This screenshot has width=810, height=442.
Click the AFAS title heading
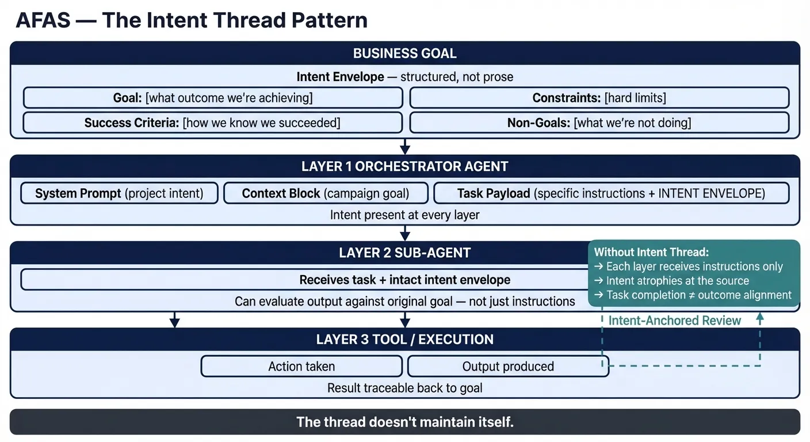(x=191, y=20)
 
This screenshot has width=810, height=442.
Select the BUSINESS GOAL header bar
(x=404, y=54)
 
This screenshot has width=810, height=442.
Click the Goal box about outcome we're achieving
(x=213, y=98)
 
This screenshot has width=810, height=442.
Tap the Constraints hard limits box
(x=599, y=98)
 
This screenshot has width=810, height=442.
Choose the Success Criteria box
(x=213, y=123)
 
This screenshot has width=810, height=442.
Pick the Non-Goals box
(x=599, y=123)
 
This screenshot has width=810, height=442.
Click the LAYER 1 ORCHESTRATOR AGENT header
(x=404, y=167)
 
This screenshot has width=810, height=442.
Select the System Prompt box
(x=120, y=193)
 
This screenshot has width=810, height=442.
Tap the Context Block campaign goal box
(x=326, y=193)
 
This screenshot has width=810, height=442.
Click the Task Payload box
(x=611, y=193)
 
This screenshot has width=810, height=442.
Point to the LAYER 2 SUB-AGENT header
(x=404, y=253)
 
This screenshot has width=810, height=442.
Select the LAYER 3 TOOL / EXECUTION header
(x=404, y=340)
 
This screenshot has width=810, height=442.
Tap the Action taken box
(x=301, y=367)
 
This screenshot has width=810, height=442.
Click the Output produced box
(x=508, y=367)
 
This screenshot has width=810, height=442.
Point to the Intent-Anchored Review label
(x=674, y=321)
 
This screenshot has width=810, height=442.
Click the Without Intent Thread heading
(x=651, y=252)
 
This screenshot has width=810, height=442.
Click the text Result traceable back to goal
(x=404, y=388)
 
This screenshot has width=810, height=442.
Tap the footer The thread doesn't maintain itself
(x=404, y=422)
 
